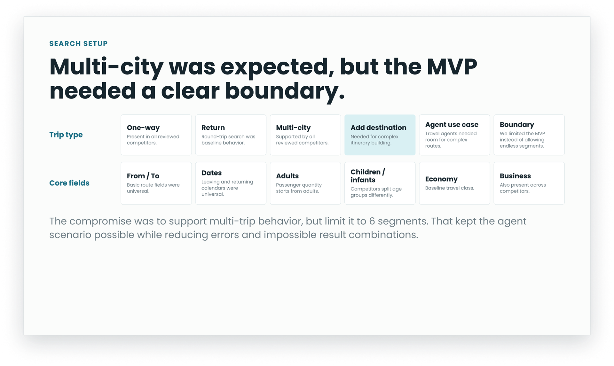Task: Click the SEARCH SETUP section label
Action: click(x=78, y=43)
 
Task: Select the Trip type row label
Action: click(x=66, y=135)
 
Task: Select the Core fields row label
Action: click(x=69, y=183)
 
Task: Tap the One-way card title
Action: click(x=143, y=128)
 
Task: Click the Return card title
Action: click(x=213, y=128)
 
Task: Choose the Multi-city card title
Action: click(x=293, y=128)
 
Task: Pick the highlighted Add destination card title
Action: click(x=378, y=128)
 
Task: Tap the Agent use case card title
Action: click(x=452, y=125)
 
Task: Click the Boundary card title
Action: click(x=517, y=125)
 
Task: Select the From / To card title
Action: click(x=143, y=176)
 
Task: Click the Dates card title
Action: click(x=211, y=173)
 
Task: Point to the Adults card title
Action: click(x=287, y=176)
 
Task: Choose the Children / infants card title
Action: click(x=368, y=176)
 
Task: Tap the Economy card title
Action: click(x=441, y=179)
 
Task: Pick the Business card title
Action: click(x=515, y=176)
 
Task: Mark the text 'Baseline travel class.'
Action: click(x=450, y=188)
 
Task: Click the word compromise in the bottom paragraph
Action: click(x=100, y=222)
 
